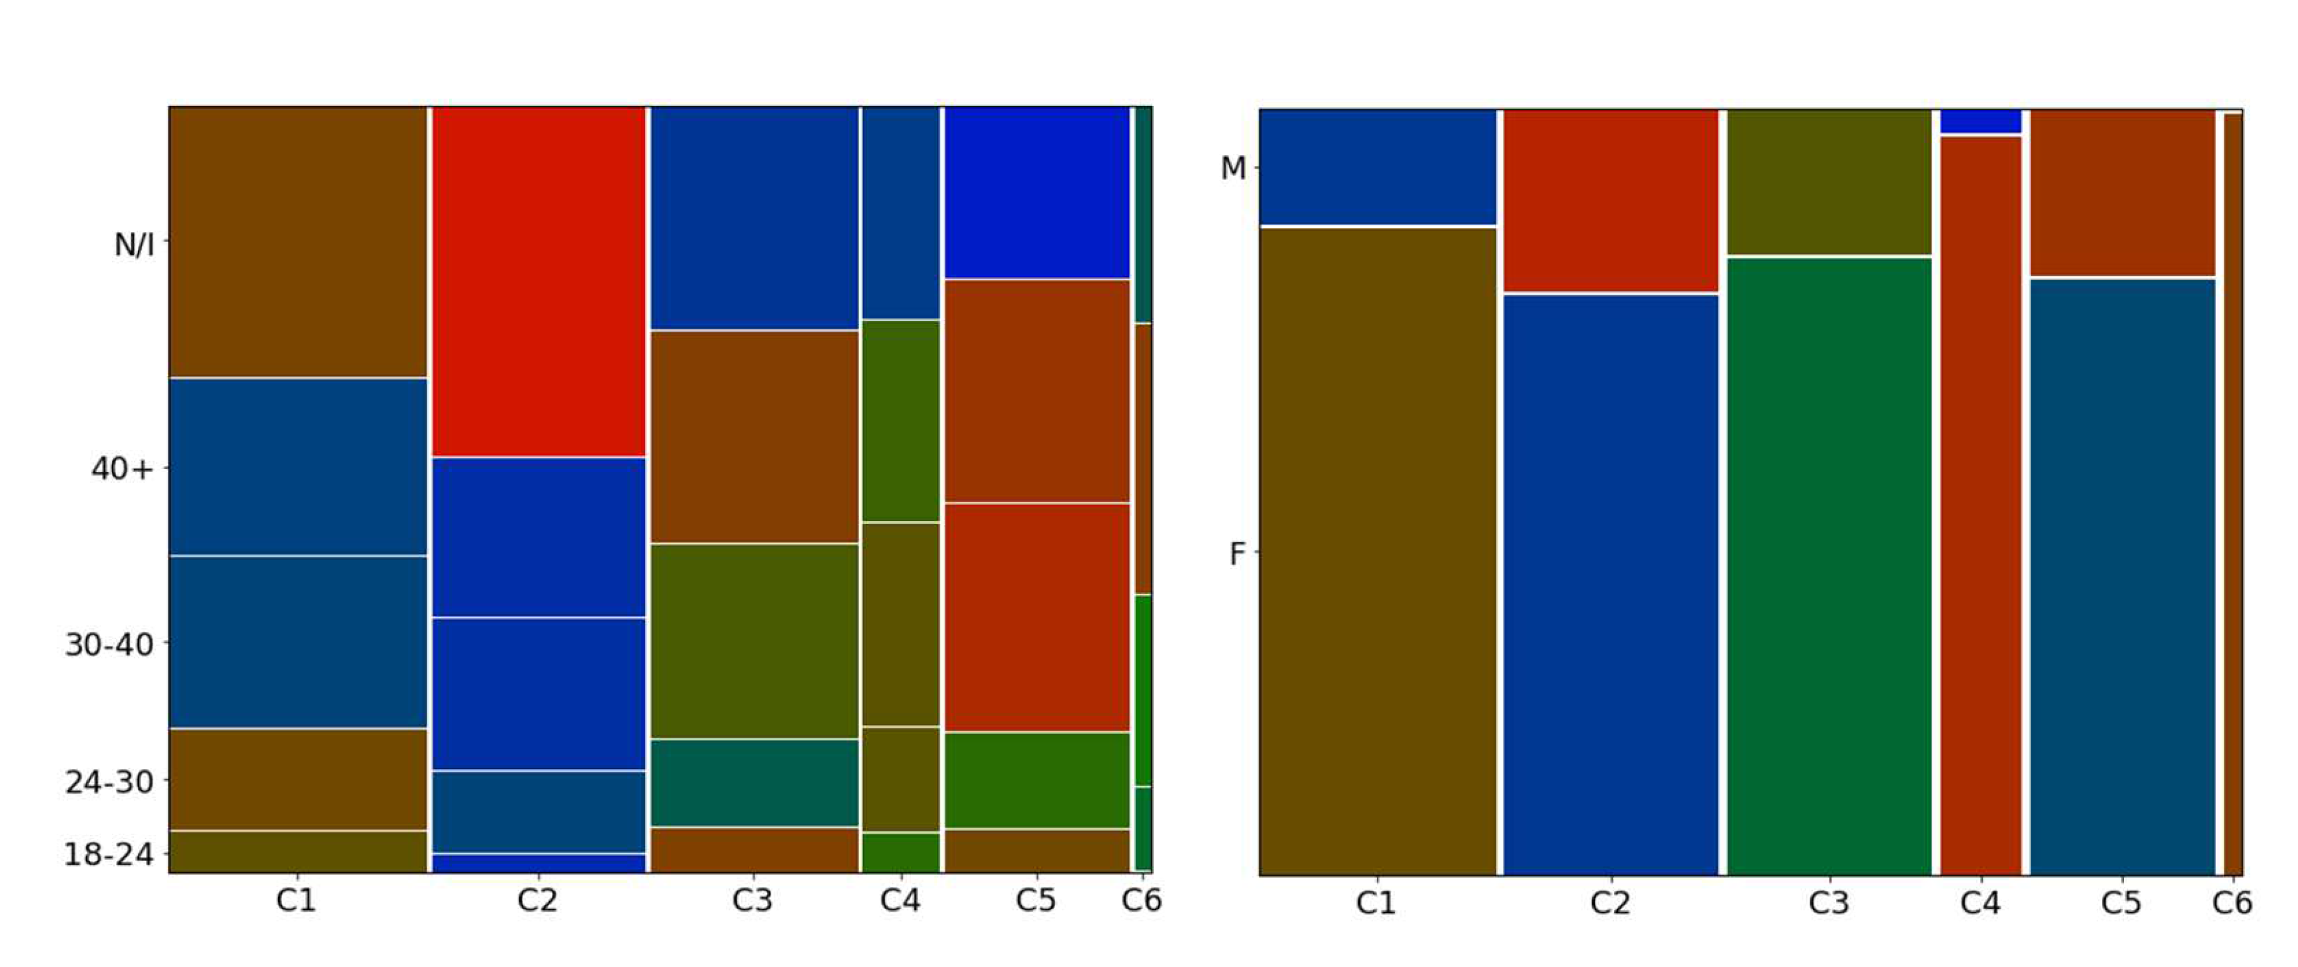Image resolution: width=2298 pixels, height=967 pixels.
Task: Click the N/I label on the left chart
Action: pos(134,243)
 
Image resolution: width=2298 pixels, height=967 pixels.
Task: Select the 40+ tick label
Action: pos(122,469)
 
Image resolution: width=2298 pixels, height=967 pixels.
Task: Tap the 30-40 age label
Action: pos(109,644)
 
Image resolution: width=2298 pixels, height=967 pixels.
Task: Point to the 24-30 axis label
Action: pos(109,782)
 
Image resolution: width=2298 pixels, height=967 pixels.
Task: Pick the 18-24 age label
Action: pos(109,854)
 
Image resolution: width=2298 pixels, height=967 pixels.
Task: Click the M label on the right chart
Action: pos(1233,168)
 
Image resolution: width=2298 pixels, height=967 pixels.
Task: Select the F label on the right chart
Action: pos(1236,554)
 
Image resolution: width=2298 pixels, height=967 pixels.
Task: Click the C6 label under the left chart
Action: pos(1141,901)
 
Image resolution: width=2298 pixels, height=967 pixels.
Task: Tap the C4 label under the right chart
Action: pos(1979,904)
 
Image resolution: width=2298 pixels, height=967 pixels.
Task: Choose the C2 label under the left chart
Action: pos(537,901)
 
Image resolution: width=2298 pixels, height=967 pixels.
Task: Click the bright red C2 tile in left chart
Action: pos(539,281)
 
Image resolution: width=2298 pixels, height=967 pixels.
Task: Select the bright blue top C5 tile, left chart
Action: pos(1036,192)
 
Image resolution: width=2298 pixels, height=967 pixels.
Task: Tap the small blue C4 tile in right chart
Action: pos(1980,121)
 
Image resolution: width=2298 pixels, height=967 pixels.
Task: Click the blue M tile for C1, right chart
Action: pos(1378,167)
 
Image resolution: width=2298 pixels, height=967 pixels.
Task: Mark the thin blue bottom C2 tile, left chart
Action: pos(539,864)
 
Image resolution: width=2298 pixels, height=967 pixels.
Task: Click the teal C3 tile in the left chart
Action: pos(754,782)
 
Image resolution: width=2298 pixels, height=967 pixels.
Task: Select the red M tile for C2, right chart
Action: pos(1610,201)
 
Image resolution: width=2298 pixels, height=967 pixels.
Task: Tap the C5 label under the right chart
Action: pos(2121,904)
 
